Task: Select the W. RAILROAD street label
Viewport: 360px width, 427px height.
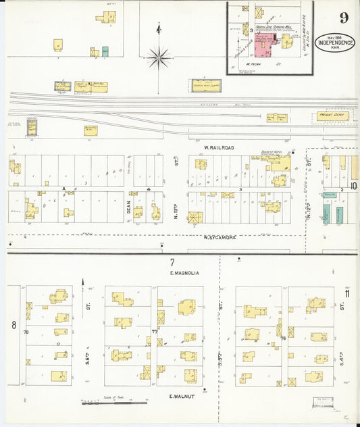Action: click(x=219, y=147)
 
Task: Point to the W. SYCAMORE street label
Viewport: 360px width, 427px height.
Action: click(x=223, y=238)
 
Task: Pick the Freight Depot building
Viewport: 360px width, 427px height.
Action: click(x=332, y=116)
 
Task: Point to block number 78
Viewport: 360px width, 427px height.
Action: click(x=26, y=332)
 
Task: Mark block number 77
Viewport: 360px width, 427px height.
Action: click(x=154, y=332)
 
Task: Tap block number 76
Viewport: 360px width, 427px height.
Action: click(x=283, y=337)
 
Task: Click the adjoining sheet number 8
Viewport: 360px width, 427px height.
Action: click(x=14, y=325)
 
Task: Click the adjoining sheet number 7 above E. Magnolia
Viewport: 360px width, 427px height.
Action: click(x=172, y=261)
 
